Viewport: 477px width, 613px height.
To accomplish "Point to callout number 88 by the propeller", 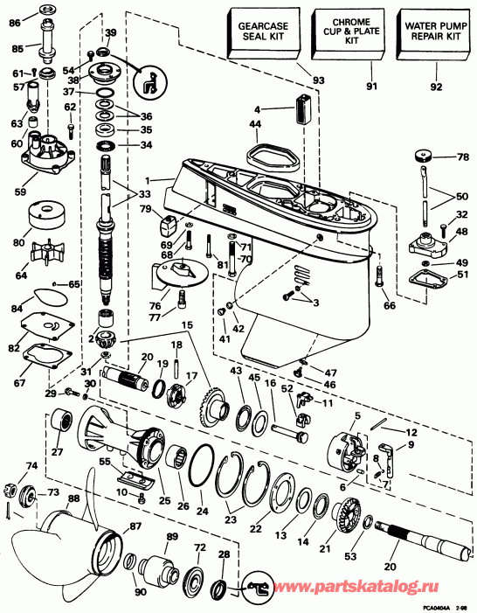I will [x=73, y=499].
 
